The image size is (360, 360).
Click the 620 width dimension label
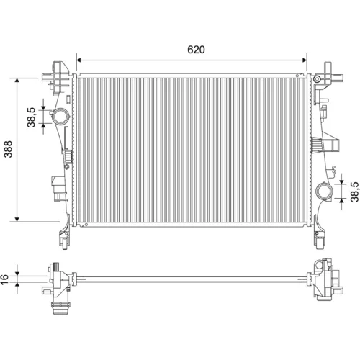(196, 50)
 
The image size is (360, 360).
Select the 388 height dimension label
(9, 149)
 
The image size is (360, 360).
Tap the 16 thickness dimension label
(4, 279)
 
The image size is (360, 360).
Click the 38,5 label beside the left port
(31, 117)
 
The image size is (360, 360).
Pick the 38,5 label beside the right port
(354, 192)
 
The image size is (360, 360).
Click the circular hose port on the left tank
(60, 117)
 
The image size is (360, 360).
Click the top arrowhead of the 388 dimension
(17, 81)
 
